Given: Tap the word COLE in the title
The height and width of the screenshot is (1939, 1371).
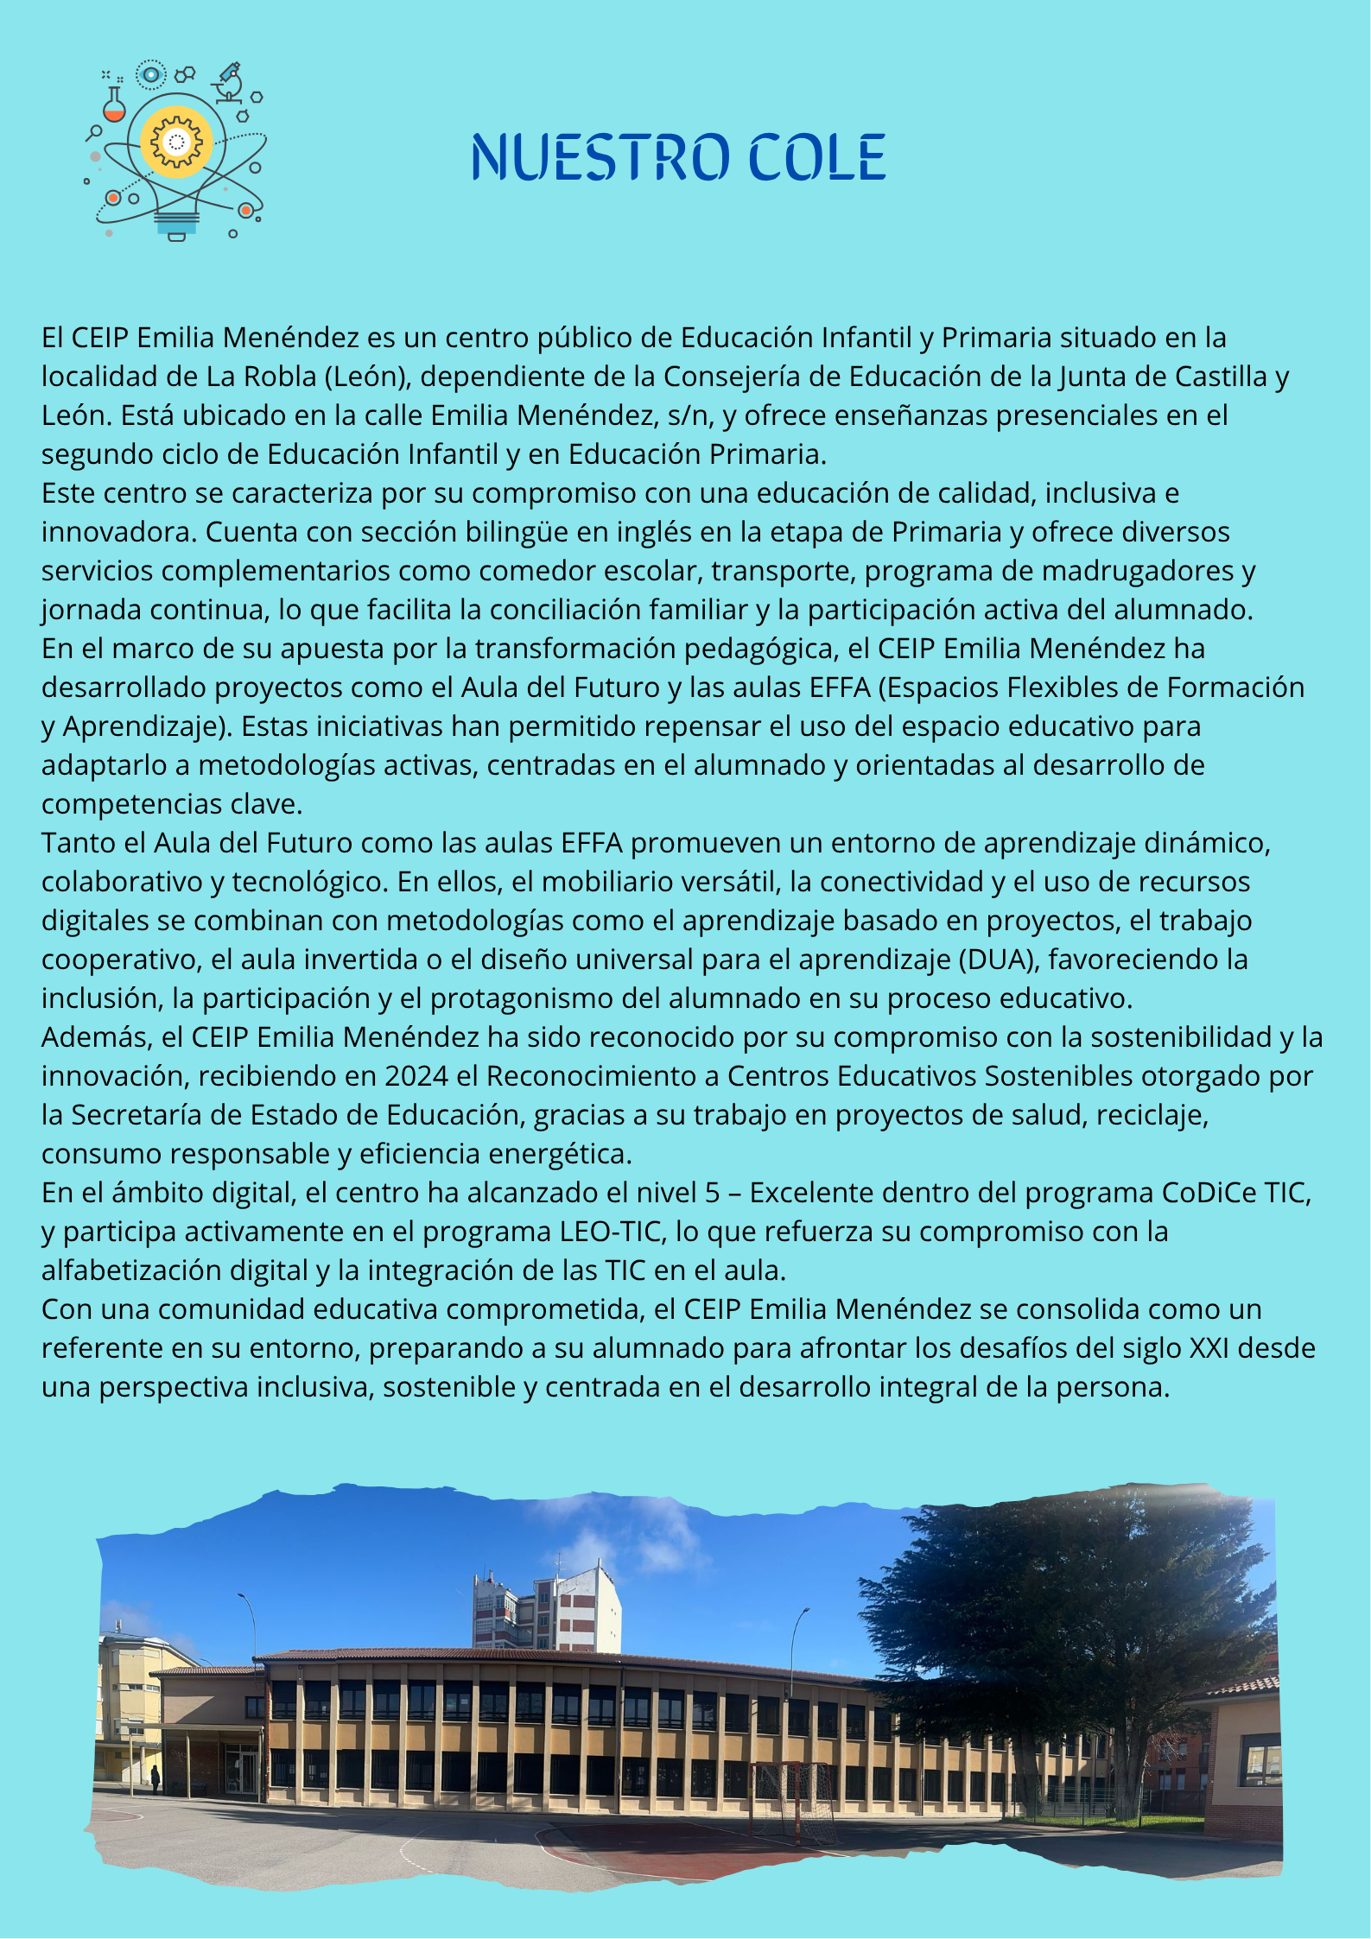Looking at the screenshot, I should tap(816, 157).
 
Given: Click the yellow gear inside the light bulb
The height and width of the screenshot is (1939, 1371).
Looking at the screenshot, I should tap(176, 141).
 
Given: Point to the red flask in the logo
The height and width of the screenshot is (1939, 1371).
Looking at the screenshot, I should tap(114, 106).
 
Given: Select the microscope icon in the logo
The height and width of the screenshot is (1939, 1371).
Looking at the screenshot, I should tap(229, 82).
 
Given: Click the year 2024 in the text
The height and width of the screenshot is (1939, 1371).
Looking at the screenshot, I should tap(417, 1076).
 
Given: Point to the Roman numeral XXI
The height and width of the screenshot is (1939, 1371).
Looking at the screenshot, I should tap(1209, 1348).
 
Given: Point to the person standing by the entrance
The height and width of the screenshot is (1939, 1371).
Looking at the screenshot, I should tap(156, 1780).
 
